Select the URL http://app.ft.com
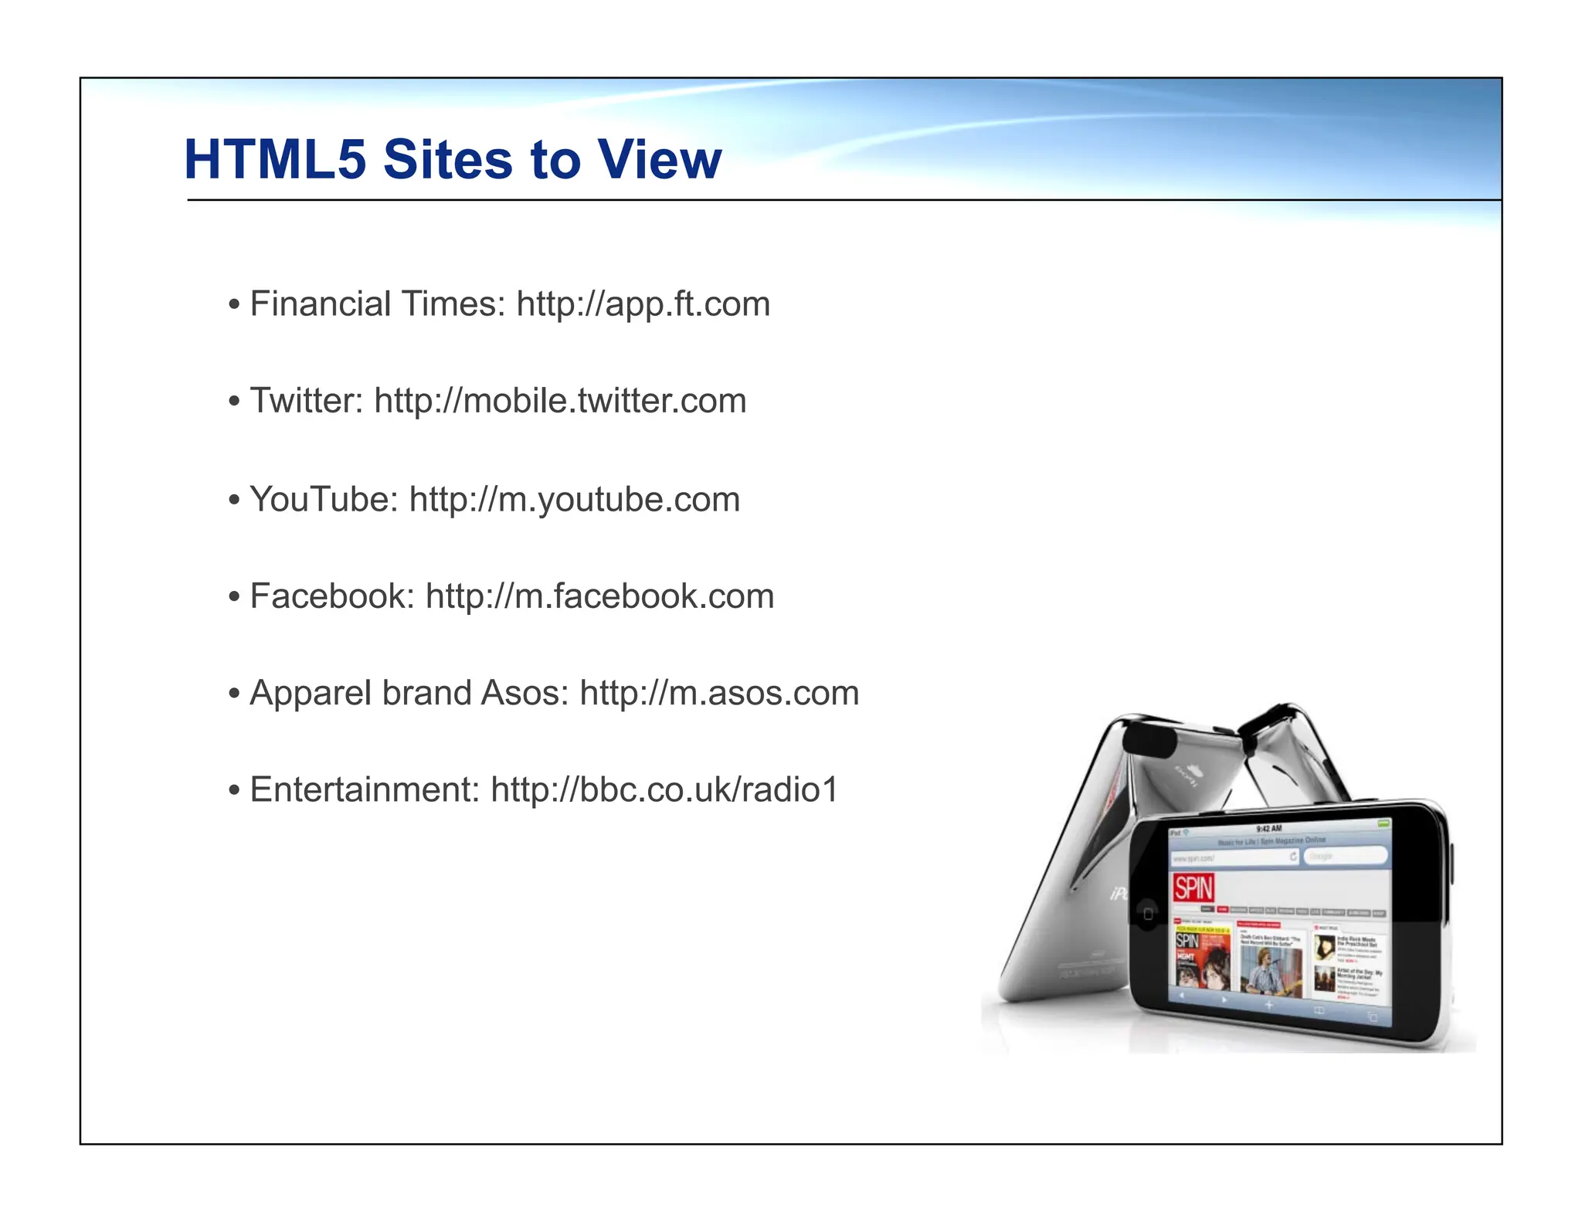tap(643, 304)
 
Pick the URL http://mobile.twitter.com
tap(560, 401)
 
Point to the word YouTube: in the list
tap(324, 499)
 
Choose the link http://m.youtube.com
tap(574, 499)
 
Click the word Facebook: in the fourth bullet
tap(332, 596)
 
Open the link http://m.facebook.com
tap(599, 596)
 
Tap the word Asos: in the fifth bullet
tap(525, 693)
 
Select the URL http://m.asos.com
tap(719, 693)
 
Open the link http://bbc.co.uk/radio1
tap(664, 789)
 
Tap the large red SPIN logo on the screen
tap(1193, 888)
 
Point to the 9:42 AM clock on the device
tap(1269, 829)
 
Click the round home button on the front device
tap(1148, 914)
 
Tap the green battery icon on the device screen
tap(1383, 823)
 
